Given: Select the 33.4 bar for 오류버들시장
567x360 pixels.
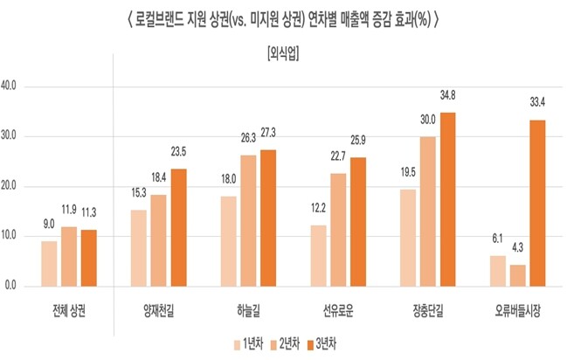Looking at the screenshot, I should (x=538, y=203).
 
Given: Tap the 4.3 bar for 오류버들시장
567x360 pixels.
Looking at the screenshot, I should (x=518, y=275).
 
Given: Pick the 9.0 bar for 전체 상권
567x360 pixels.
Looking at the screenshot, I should (x=49, y=263).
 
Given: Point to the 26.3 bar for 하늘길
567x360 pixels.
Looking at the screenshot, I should (x=248, y=220).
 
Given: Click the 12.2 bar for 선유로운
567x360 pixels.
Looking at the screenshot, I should (x=319, y=255).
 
